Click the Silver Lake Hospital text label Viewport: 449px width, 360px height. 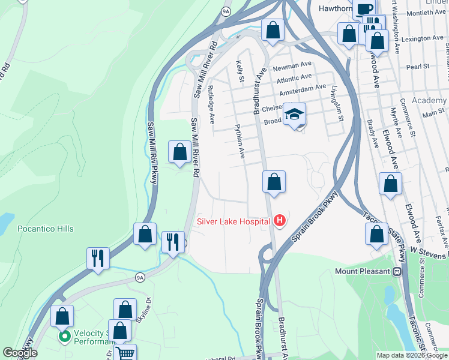coord(234,221)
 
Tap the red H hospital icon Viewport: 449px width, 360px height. coord(279,221)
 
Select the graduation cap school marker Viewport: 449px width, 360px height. coord(295,114)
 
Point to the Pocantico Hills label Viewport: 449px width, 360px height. coord(46,229)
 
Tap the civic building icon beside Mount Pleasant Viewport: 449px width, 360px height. coord(397,272)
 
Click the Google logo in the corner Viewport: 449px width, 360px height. coord(20,353)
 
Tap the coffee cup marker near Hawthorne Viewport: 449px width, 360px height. coord(364,8)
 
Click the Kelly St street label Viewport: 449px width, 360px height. coord(241,71)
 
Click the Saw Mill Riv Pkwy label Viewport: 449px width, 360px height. coord(151,155)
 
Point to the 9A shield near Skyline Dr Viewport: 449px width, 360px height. coord(140,277)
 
